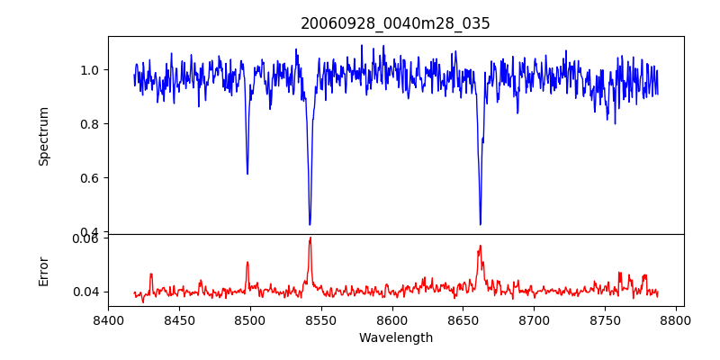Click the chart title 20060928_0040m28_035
(x=395, y=23)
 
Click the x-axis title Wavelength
(x=395, y=337)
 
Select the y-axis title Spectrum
(x=44, y=136)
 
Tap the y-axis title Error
(x=44, y=270)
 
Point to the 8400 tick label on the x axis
(x=108, y=319)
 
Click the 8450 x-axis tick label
(x=179, y=319)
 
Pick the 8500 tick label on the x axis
(x=250, y=319)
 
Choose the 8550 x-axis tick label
(x=321, y=319)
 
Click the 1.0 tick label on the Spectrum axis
(x=89, y=70)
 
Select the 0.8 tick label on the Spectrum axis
(x=89, y=124)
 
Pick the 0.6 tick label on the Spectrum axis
(x=89, y=178)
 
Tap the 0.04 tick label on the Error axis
(x=85, y=292)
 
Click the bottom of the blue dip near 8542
(x=310, y=224)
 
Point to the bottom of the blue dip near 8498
(x=247, y=174)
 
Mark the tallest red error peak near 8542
(x=310, y=238)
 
